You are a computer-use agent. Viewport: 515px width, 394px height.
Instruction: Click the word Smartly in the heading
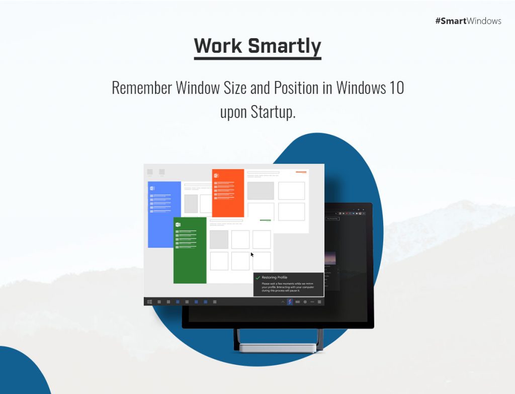click(284, 46)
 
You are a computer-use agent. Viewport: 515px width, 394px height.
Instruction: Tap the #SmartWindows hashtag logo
click(468, 21)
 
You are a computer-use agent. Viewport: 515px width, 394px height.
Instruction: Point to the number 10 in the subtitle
click(396, 88)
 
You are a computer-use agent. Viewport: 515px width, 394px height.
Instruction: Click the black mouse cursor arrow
click(252, 255)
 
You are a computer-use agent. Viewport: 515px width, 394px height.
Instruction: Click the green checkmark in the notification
click(258, 277)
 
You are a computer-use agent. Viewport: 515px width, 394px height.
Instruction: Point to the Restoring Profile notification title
click(275, 277)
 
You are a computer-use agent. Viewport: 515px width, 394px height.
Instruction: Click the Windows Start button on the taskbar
click(149, 302)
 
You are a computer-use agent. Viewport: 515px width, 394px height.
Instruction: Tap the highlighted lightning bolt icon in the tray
click(290, 302)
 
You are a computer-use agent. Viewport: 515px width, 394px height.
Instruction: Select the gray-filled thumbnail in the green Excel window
click(219, 239)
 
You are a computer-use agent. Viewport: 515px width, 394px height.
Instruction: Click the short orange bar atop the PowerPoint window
click(301, 172)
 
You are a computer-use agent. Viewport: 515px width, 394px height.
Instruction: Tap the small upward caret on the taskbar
click(283, 302)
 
